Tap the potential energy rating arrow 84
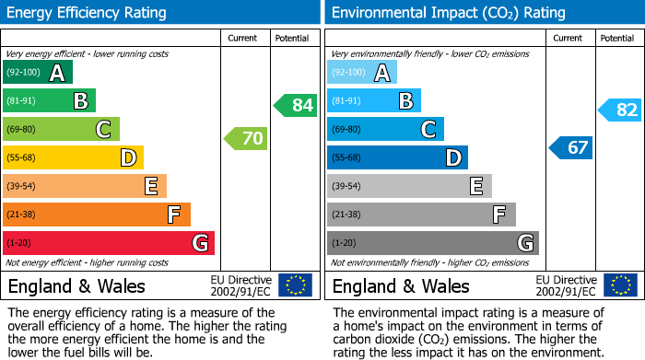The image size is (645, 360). (x=296, y=105)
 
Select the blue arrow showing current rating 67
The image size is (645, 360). (x=571, y=147)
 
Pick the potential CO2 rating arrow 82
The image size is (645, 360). (x=620, y=110)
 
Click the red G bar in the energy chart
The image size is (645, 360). (x=109, y=243)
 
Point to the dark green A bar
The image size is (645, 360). (x=38, y=73)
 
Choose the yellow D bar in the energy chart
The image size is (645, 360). (x=74, y=158)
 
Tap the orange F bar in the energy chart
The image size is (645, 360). (x=97, y=215)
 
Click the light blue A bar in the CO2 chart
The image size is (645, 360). (x=362, y=73)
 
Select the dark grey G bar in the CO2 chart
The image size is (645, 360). (x=432, y=243)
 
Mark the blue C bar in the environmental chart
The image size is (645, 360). (x=385, y=130)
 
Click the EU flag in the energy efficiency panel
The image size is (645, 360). (x=296, y=285)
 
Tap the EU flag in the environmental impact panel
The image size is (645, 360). (x=620, y=285)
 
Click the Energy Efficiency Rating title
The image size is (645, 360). (x=88, y=13)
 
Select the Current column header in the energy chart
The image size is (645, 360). (x=244, y=39)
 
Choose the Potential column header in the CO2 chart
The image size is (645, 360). (x=617, y=39)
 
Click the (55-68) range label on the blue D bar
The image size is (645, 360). (x=347, y=158)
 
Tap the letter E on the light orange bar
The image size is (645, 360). (x=151, y=187)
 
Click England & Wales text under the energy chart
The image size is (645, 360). (x=76, y=286)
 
